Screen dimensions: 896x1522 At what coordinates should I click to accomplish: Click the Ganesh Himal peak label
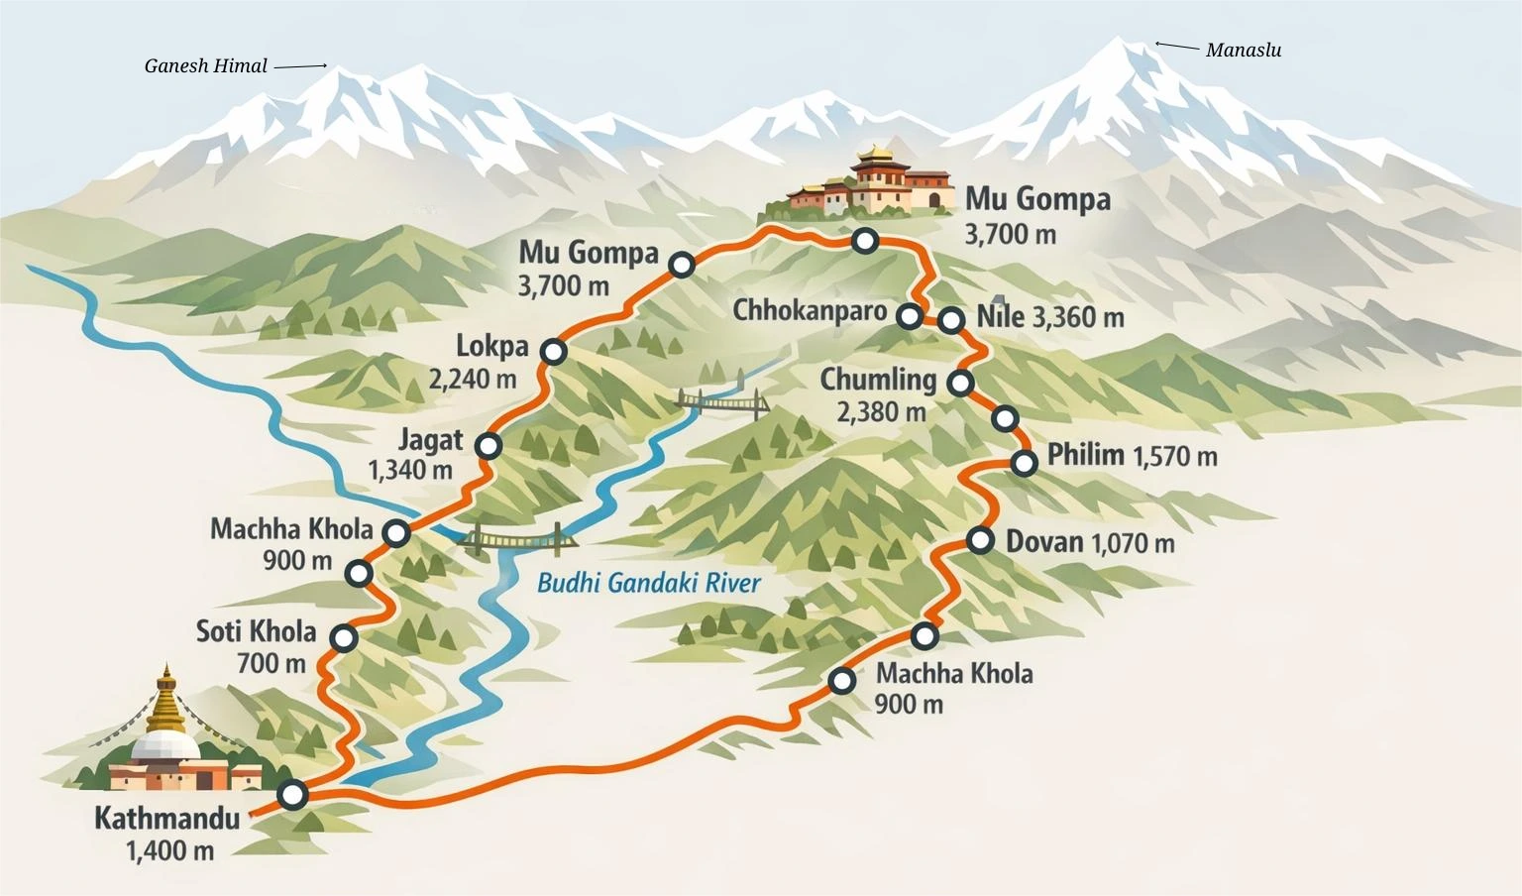pos(205,66)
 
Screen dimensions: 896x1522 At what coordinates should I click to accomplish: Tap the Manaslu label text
pos(1243,51)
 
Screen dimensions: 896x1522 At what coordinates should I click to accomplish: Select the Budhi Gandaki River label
pos(648,583)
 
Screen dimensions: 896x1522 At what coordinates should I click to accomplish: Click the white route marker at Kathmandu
pos(292,794)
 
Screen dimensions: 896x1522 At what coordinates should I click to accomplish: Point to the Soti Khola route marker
pos(344,637)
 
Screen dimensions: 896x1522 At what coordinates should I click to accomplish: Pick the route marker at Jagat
pos(488,446)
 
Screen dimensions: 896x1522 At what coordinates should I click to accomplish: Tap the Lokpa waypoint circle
pos(554,351)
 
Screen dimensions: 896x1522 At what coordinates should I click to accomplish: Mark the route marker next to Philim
pos(1025,462)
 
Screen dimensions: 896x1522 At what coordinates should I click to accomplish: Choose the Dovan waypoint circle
pos(980,540)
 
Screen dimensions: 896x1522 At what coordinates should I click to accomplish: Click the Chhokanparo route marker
pos(909,316)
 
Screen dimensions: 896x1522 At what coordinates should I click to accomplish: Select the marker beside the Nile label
pos(950,319)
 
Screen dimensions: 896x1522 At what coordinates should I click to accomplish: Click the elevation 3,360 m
pos(1078,318)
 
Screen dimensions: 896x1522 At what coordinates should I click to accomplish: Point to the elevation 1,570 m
pos(1174,457)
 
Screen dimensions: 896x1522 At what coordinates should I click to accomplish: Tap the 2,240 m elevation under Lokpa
pos(473,380)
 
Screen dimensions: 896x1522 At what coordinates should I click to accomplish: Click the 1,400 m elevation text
pos(169,850)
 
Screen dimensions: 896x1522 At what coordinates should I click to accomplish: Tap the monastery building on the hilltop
pos(872,183)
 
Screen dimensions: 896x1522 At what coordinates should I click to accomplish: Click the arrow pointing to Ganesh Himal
pos(300,66)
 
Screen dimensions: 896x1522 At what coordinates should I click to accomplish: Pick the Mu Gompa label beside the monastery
pos(1037,199)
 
